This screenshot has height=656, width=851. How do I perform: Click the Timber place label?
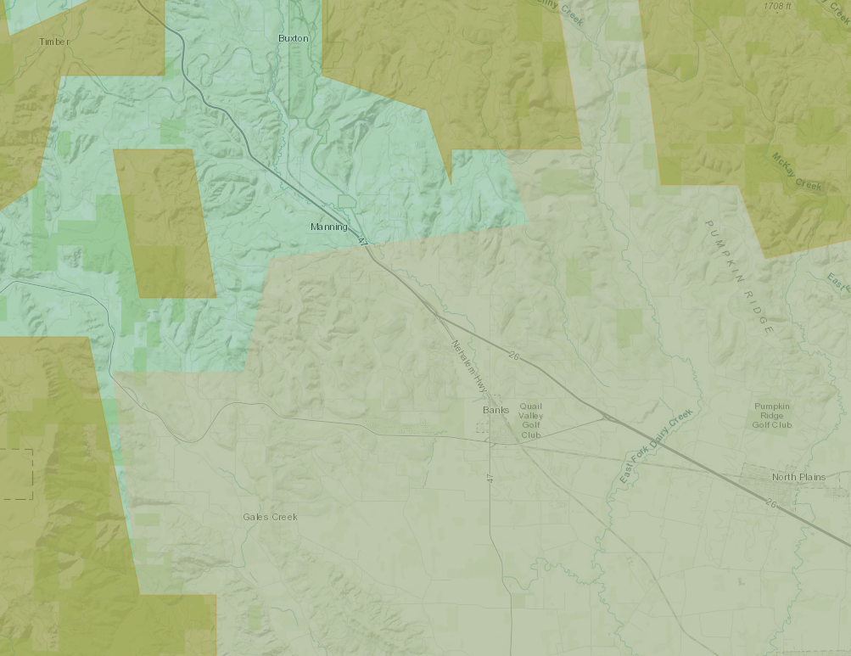point(54,41)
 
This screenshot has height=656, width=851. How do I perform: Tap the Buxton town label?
point(294,38)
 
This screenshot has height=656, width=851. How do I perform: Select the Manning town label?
point(328,227)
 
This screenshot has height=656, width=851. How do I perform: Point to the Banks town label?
point(495,410)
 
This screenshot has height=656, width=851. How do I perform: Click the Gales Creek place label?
point(270,516)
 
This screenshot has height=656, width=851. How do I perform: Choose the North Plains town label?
point(798,477)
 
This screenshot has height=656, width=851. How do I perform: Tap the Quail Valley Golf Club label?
point(531,420)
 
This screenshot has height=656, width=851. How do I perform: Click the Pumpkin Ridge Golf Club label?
point(773,415)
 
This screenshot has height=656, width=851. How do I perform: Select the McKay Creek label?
point(797,172)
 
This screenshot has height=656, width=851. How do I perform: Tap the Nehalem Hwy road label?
point(472,367)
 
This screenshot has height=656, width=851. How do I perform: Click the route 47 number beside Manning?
point(363,242)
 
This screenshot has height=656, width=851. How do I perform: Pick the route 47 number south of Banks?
point(490,479)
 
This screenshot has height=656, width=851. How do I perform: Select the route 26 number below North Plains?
point(770,503)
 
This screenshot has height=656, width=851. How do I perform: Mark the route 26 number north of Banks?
point(512,355)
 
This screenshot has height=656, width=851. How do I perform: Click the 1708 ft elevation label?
point(777,6)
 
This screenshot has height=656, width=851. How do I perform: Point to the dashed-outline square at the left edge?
point(16,474)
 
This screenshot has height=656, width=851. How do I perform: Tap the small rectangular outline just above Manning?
point(345,201)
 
